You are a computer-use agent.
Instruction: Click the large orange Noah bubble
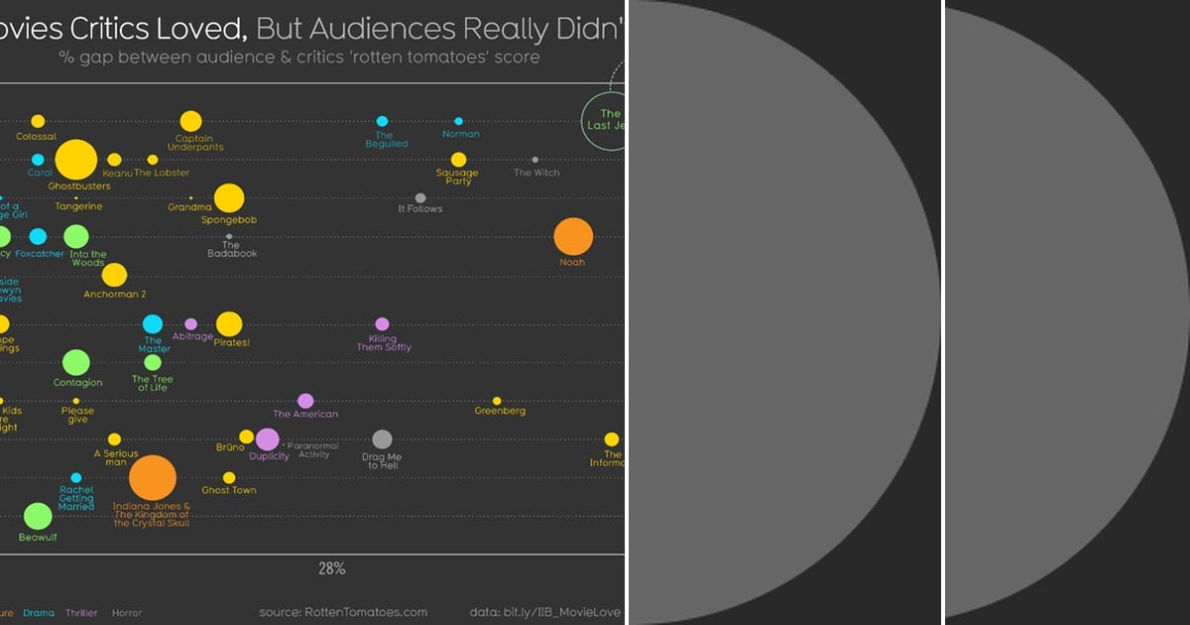click(x=573, y=237)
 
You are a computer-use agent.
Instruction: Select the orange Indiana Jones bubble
click(x=153, y=478)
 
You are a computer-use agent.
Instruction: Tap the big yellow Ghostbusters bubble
click(x=76, y=160)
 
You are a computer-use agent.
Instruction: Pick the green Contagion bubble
click(x=76, y=362)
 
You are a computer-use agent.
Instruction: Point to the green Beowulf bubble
click(x=38, y=516)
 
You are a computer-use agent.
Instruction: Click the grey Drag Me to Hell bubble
click(x=382, y=439)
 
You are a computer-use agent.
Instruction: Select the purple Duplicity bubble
click(x=267, y=439)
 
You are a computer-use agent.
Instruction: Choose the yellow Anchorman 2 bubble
click(x=114, y=275)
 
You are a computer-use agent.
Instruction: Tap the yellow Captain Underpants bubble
click(x=190, y=120)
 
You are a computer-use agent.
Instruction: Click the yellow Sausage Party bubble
click(x=458, y=160)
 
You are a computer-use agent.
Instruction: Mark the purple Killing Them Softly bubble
click(x=382, y=323)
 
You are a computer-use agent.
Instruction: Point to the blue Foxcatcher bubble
click(x=38, y=236)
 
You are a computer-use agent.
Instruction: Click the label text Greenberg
click(x=500, y=411)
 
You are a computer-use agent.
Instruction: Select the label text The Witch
click(x=536, y=173)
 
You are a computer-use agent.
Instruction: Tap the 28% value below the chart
click(x=331, y=569)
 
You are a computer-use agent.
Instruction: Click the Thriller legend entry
click(x=81, y=613)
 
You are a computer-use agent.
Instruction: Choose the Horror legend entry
click(x=127, y=613)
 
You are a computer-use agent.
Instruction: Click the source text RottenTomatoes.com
click(x=343, y=612)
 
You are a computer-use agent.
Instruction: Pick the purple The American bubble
click(x=305, y=401)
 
